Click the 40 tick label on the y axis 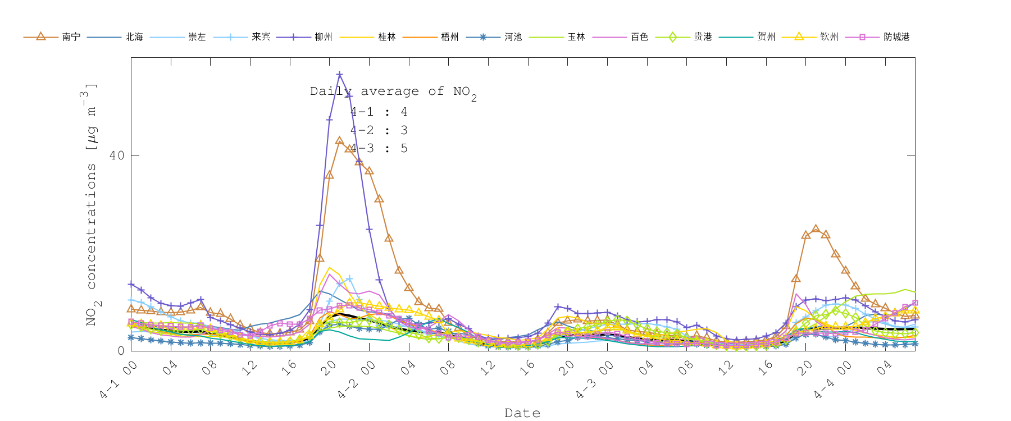coord(117,155)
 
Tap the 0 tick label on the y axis coord(121,351)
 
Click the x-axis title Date coord(522,413)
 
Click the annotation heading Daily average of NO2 coord(393,92)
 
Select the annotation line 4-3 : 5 coord(379,149)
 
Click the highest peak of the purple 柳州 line coord(339,74)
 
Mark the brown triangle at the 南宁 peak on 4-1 coord(339,141)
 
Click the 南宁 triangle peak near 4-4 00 coord(816,228)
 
